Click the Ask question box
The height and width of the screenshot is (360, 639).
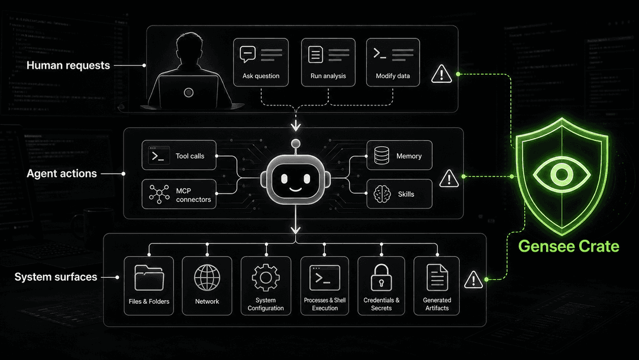click(x=261, y=62)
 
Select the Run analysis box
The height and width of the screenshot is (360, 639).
click(x=328, y=62)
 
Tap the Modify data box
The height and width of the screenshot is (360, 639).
click(x=393, y=62)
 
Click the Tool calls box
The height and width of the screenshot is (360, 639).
click(x=179, y=155)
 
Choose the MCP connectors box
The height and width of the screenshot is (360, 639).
click(x=179, y=194)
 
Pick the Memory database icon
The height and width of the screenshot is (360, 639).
click(x=382, y=155)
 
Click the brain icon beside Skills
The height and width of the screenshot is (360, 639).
click(x=382, y=194)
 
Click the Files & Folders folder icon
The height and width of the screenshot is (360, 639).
click(x=149, y=278)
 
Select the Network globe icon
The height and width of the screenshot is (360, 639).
click(x=207, y=278)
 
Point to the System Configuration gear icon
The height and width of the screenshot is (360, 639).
click(x=266, y=278)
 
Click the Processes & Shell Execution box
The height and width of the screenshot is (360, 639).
click(x=325, y=286)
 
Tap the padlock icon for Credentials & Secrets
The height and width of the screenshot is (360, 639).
click(x=381, y=277)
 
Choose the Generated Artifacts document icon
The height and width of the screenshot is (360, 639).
click(x=437, y=278)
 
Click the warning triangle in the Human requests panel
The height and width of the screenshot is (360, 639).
click(x=441, y=74)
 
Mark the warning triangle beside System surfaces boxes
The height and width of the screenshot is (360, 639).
click(x=473, y=279)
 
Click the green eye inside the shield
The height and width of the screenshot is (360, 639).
click(x=562, y=175)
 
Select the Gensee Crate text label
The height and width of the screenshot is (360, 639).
click(x=569, y=246)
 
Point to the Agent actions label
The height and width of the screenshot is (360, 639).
click(x=62, y=173)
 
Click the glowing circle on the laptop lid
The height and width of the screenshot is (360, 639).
click(x=188, y=92)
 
